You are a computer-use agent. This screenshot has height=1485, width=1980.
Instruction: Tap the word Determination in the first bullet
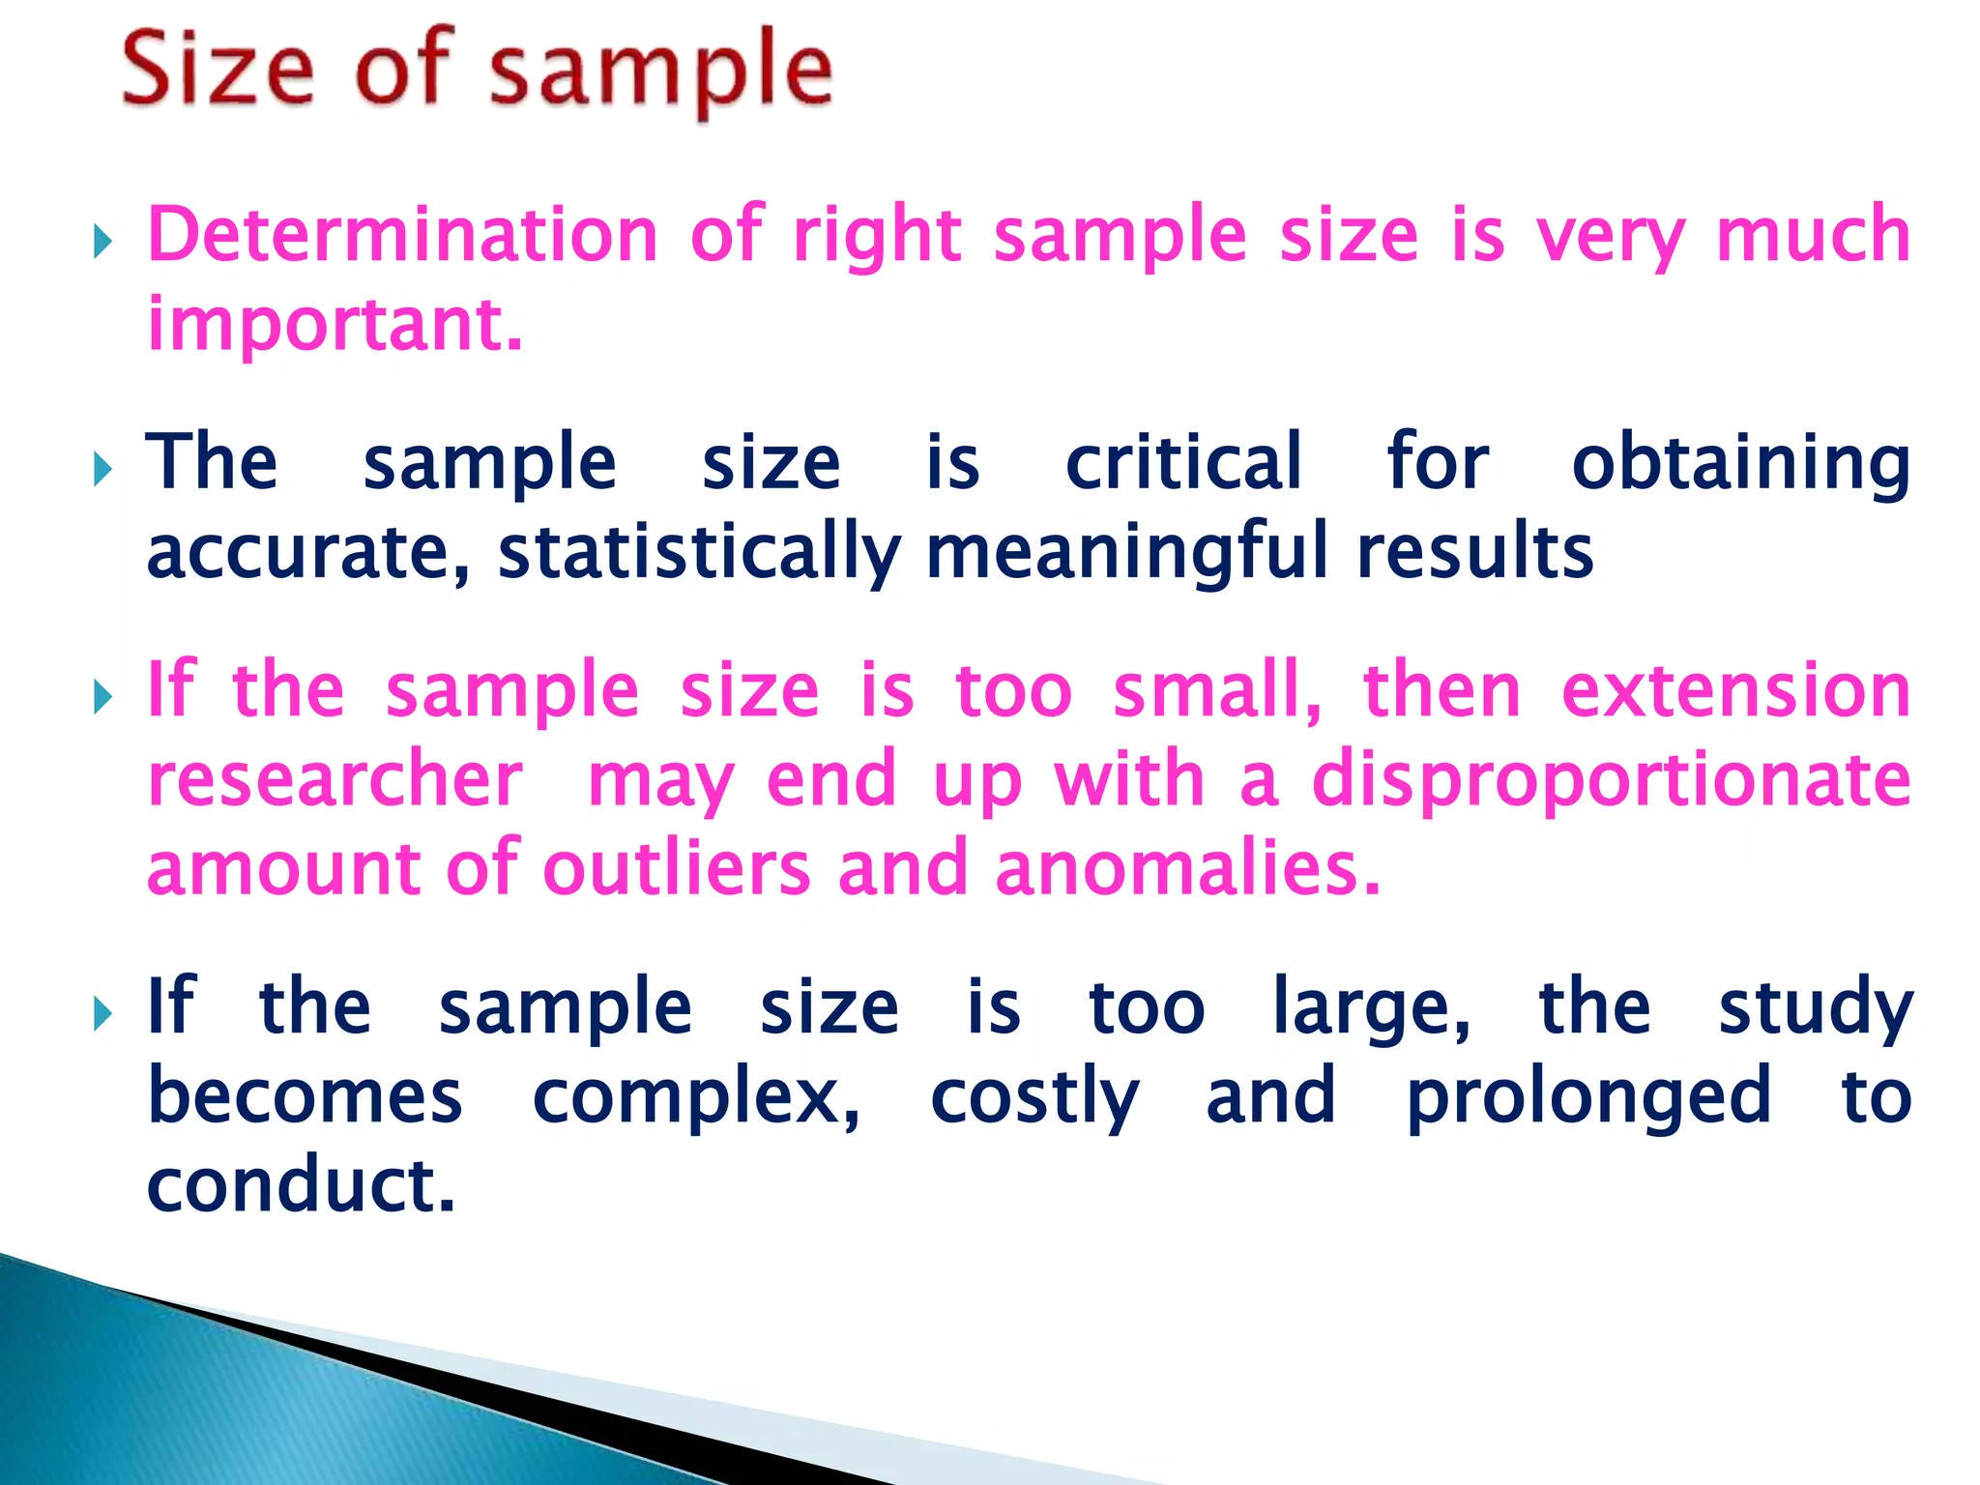click(402, 235)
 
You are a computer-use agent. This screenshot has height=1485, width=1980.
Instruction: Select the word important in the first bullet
click(334, 324)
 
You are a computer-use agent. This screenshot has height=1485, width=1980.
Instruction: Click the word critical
click(1183, 462)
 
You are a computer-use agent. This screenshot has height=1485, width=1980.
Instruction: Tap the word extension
click(1735, 690)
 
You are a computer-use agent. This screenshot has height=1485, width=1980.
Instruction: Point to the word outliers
click(676, 867)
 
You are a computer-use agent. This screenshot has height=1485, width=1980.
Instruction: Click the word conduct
click(300, 1185)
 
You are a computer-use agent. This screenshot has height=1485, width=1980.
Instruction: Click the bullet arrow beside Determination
click(103, 242)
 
